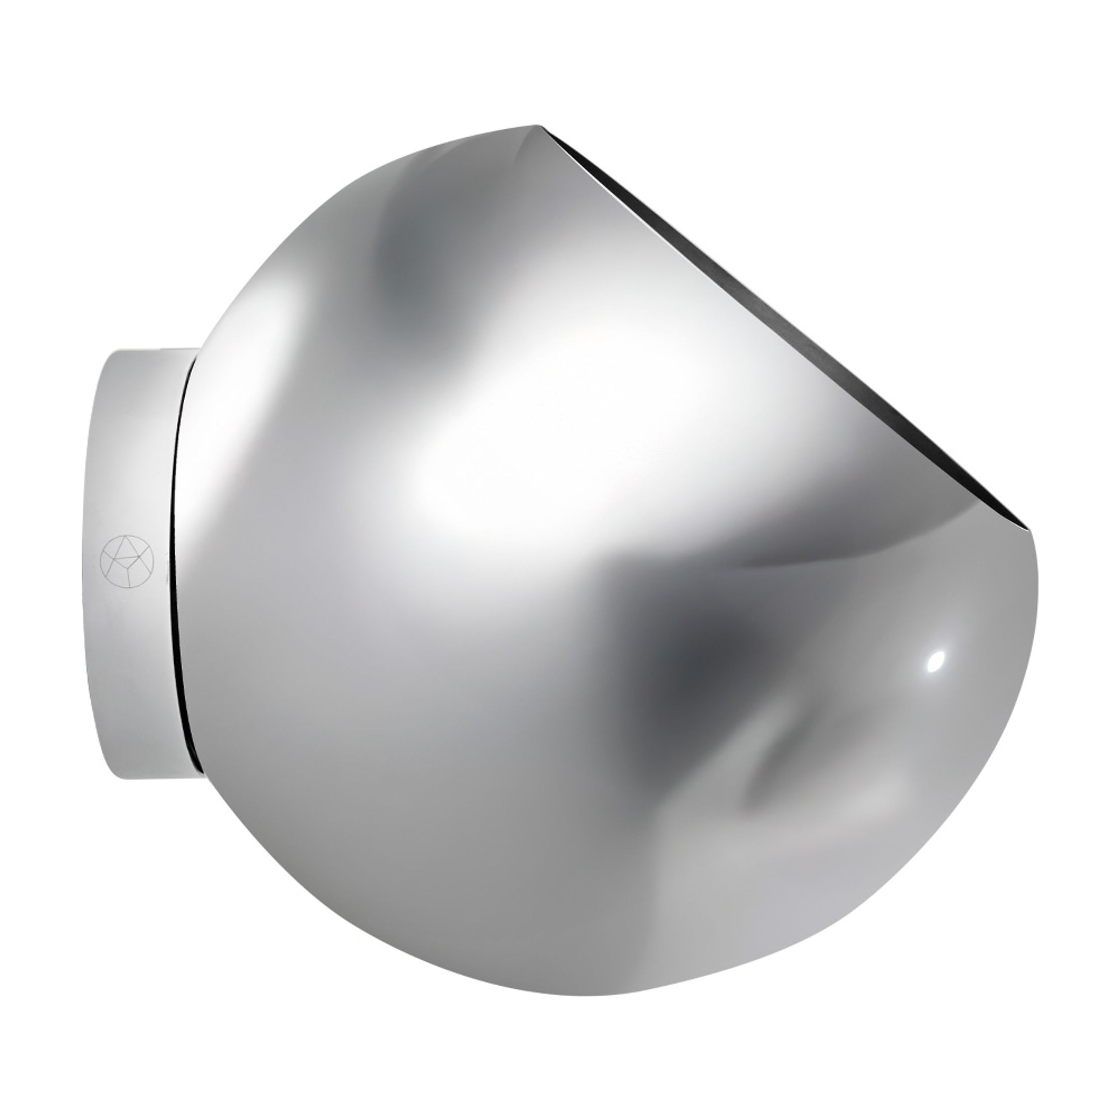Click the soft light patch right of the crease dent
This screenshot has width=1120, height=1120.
pos(870,794)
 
